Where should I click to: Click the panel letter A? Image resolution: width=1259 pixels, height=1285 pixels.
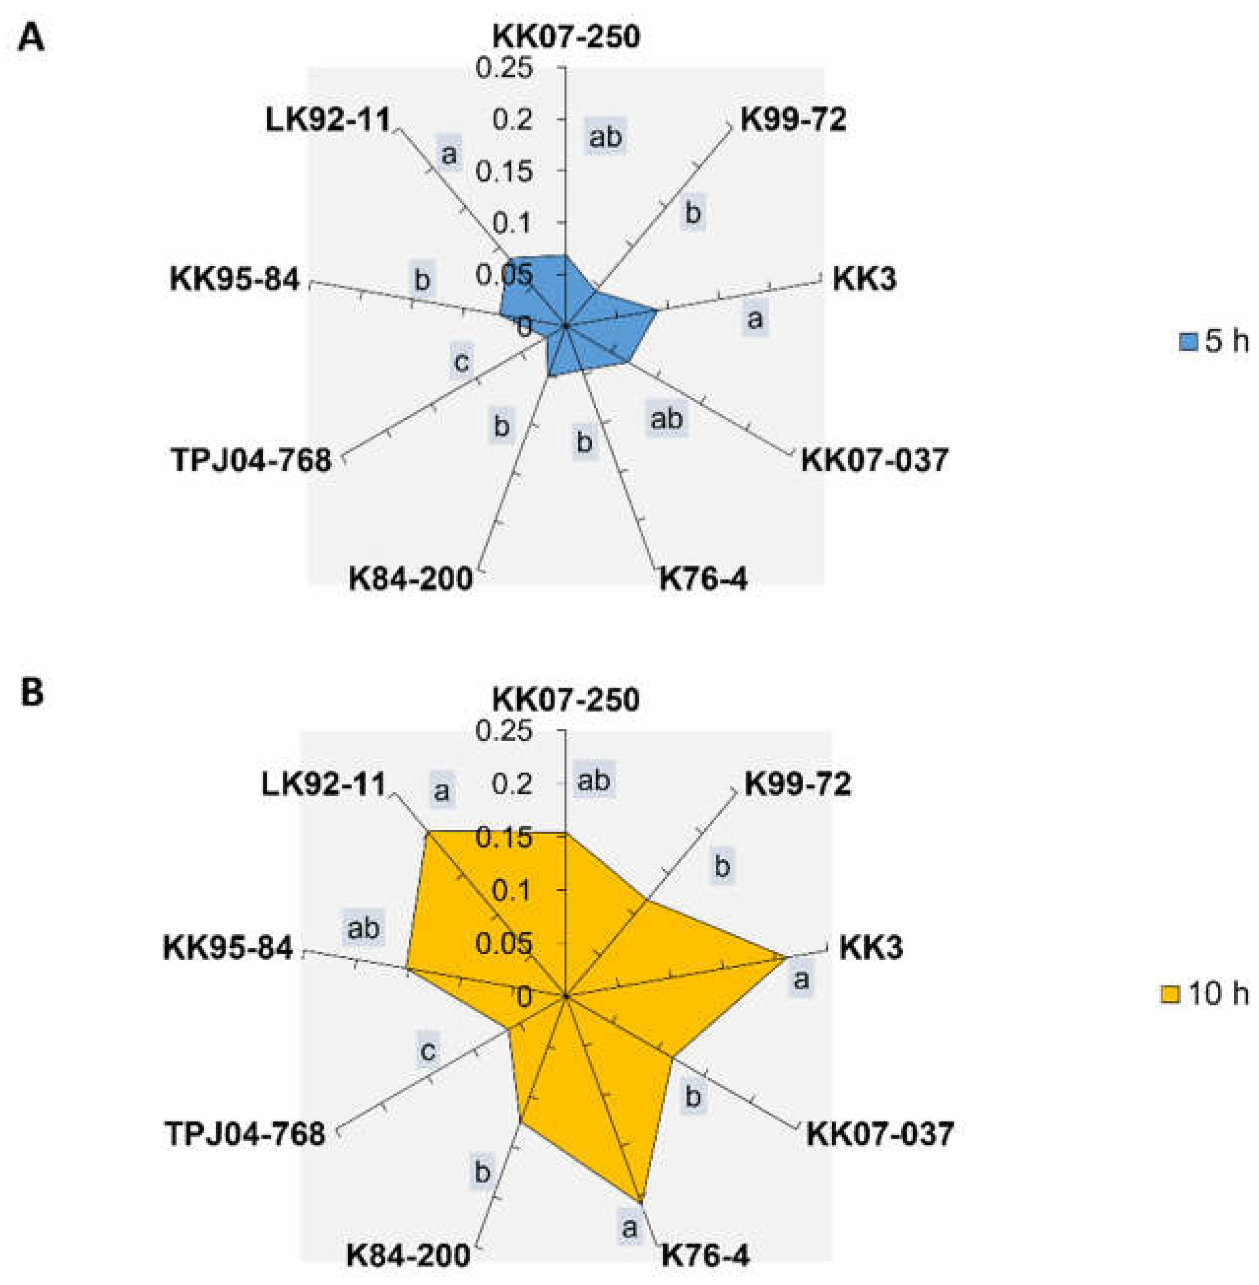pos(31,38)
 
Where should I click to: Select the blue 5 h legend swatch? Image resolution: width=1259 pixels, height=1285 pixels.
pos(1188,343)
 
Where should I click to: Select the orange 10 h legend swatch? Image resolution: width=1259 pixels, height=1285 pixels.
pos(1170,995)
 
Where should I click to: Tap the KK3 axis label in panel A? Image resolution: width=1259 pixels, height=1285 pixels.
pos(864,279)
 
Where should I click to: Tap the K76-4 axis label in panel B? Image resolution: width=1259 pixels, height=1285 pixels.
pos(705,1254)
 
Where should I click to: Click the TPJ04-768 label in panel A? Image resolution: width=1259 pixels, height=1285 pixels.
pos(252,460)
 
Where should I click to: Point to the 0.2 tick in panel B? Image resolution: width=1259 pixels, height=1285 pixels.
pos(512,785)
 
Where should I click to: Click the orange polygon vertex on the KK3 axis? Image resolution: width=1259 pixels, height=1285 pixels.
pos(786,956)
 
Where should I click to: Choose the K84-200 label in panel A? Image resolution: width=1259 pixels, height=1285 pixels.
pos(410,579)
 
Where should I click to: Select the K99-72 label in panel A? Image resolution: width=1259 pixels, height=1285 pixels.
pos(793,121)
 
